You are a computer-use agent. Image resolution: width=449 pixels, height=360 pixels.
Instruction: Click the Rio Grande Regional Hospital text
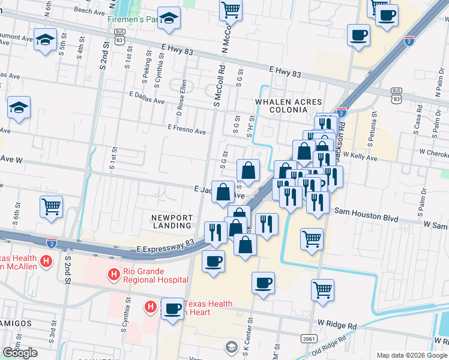click(x=156, y=275)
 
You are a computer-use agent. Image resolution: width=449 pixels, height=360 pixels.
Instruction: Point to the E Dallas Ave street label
click(x=147, y=98)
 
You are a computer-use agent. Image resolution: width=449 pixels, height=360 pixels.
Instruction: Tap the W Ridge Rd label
click(x=337, y=324)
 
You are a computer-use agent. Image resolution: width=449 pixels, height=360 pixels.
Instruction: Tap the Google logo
click(x=20, y=353)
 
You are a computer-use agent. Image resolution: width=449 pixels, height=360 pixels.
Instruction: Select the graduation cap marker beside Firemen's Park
click(x=169, y=20)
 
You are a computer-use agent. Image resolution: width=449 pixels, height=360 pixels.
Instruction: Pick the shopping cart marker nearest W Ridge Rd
click(x=322, y=290)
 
